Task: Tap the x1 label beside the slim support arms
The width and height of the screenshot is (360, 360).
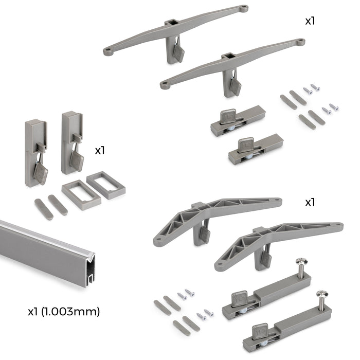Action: click(x=310, y=22)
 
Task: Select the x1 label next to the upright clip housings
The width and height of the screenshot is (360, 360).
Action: click(x=100, y=151)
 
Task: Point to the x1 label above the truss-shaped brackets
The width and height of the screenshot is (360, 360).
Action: click(x=310, y=202)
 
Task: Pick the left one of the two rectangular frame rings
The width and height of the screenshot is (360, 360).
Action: click(x=81, y=192)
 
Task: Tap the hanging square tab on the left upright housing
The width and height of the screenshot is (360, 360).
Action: click(x=41, y=173)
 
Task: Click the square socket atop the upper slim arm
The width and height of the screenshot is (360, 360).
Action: click(x=171, y=23)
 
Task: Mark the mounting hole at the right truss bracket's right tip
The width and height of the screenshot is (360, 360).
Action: click(x=338, y=225)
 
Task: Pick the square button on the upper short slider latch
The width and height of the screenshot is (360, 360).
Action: click(x=227, y=116)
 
